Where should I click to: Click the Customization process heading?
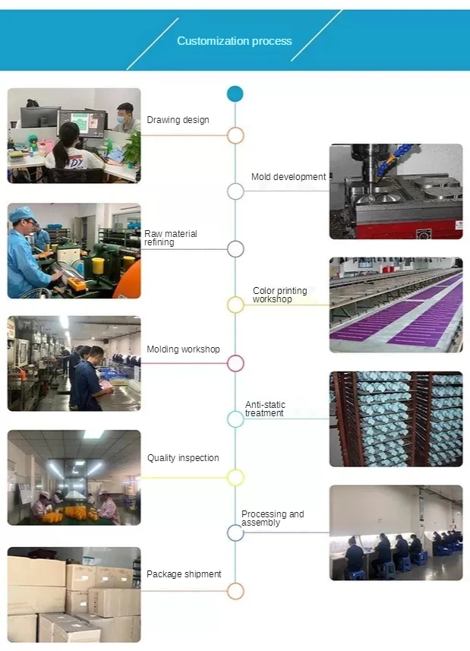pyautogui.click(x=234, y=41)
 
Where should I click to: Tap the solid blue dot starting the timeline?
pyautogui.click(x=235, y=94)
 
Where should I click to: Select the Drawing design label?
pyautogui.click(x=178, y=120)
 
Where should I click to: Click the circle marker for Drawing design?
pyautogui.click(x=235, y=136)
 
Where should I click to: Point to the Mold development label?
pyautogui.click(x=289, y=177)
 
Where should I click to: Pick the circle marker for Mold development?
pyautogui.click(x=235, y=191)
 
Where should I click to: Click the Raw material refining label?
pyautogui.click(x=171, y=238)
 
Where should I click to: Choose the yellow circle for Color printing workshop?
pyautogui.click(x=235, y=305)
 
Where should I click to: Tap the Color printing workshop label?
pyautogui.click(x=280, y=295)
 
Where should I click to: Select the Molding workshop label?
pyautogui.click(x=183, y=349)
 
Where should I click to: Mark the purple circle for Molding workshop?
pyautogui.click(x=235, y=363)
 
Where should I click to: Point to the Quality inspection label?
pyautogui.click(x=183, y=458)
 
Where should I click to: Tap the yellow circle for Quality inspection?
pyautogui.click(x=235, y=477)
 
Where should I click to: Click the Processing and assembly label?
pyautogui.click(x=273, y=518)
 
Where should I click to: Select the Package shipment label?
pyautogui.click(x=184, y=574)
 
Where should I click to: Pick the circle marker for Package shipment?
pyautogui.click(x=235, y=590)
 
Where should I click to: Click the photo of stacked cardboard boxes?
pyautogui.click(x=74, y=595)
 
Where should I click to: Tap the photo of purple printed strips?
pyautogui.click(x=396, y=305)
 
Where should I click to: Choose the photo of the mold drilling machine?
pyautogui.click(x=396, y=191)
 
